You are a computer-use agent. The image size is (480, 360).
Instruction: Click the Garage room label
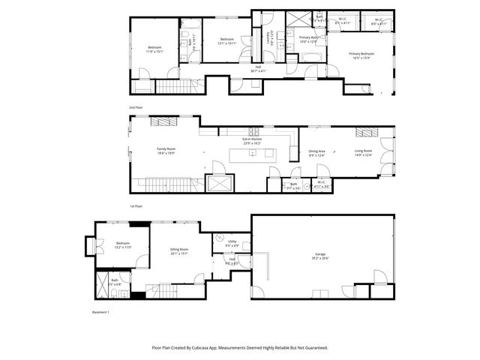(x=321, y=255)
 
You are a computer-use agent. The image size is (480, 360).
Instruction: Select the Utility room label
(x=232, y=241)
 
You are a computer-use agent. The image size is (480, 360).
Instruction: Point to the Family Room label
(x=166, y=149)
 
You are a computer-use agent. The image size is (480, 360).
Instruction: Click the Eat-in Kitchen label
(x=251, y=139)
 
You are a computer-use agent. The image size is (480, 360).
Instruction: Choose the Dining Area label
(x=317, y=152)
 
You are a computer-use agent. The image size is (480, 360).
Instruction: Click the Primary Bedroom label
(x=361, y=54)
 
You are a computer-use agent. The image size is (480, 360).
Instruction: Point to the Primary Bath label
(x=308, y=37)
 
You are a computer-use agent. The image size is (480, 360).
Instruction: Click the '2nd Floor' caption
(x=136, y=108)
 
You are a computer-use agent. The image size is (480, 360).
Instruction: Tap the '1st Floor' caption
(x=136, y=205)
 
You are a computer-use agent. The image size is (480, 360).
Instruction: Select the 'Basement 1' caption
(x=100, y=312)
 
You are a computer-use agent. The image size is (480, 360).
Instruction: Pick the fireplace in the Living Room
(x=364, y=132)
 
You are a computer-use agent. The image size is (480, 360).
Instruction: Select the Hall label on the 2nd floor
(x=258, y=67)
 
